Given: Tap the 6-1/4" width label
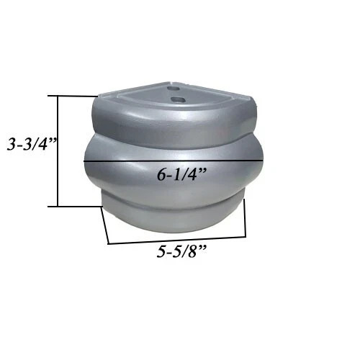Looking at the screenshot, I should (182, 174).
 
